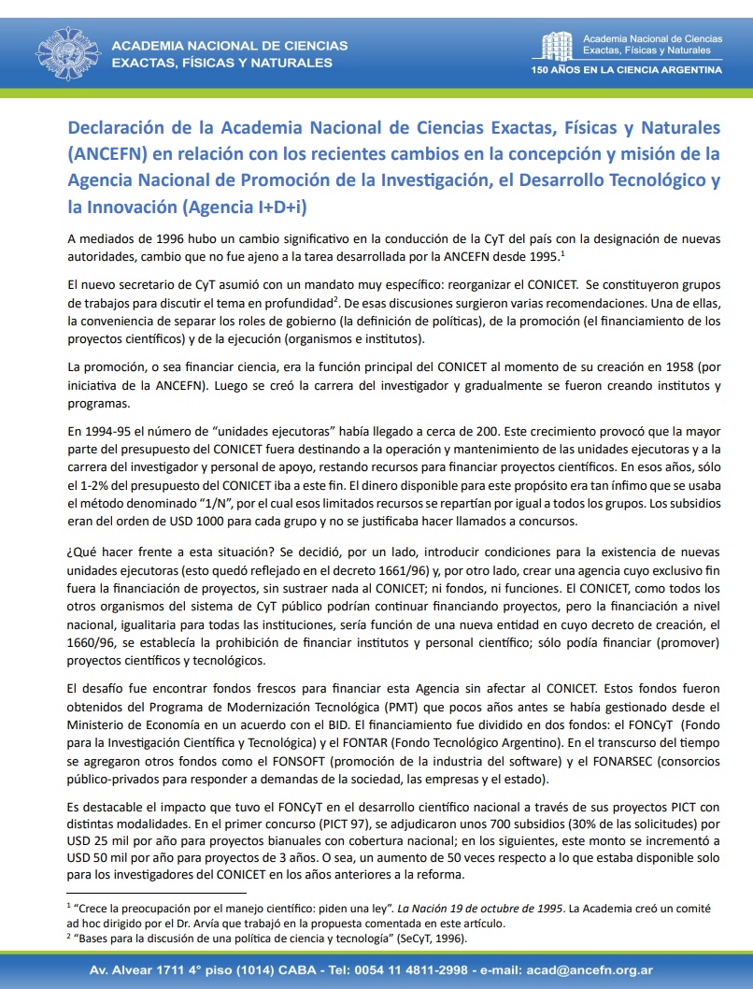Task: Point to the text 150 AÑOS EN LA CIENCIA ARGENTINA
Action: pos(626,70)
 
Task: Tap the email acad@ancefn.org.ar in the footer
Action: pos(591,970)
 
